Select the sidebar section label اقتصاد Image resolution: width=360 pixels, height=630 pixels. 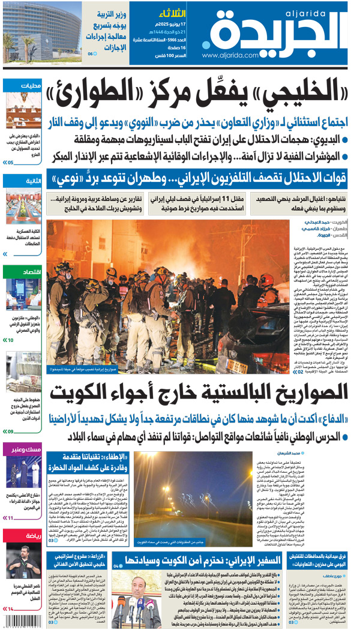[x=30, y=272]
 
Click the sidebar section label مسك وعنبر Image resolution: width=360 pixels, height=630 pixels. [x=26, y=449]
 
